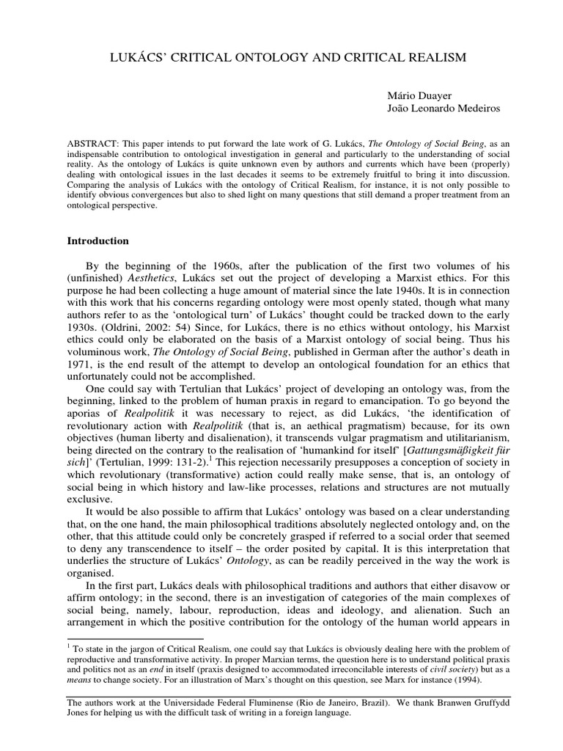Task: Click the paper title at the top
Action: pos(281,56)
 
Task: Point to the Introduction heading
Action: pos(97,241)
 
